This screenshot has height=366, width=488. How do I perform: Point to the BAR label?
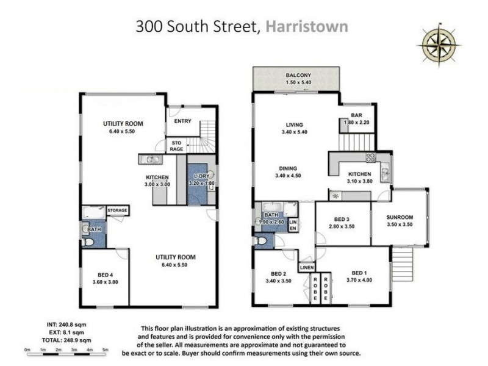[x=357, y=115]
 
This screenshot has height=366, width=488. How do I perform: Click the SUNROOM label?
[x=400, y=217]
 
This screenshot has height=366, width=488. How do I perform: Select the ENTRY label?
[x=182, y=121]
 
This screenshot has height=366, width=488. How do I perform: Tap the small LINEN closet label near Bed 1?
[x=306, y=267]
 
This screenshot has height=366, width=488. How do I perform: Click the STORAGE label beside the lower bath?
[x=118, y=210]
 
